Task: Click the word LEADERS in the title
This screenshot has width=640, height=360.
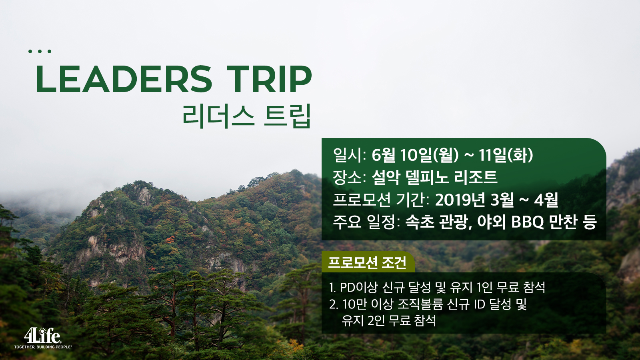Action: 124,79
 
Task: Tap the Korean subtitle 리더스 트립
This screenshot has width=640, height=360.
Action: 246,116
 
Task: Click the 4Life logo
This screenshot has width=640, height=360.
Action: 42,336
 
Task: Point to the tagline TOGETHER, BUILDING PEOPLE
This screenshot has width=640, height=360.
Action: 43,347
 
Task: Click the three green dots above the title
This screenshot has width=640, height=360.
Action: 40,52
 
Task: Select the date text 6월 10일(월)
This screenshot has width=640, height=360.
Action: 415,155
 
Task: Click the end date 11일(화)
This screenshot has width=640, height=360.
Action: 506,155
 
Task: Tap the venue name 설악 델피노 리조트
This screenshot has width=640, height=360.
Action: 434,177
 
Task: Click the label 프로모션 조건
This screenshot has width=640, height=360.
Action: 367,262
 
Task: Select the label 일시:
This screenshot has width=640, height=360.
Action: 350,155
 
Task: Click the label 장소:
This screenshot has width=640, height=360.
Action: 350,177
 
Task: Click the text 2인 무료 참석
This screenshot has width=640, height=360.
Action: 402,320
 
